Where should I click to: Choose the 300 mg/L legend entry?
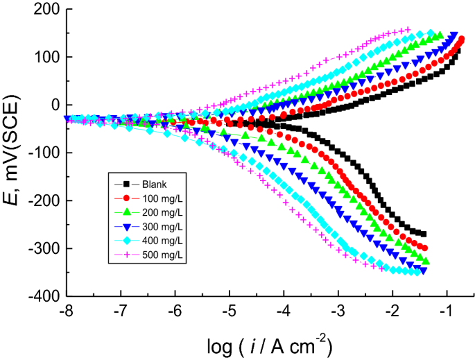click(x=159, y=228)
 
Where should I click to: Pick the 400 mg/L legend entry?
click(x=159, y=242)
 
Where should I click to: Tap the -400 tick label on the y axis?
click(x=44, y=297)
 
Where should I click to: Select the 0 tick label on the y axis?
click(x=54, y=105)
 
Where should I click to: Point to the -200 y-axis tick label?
click(x=44, y=201)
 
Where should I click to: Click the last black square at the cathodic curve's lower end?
click(x=424, y=234)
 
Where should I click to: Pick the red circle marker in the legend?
click(x=126, y=198)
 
